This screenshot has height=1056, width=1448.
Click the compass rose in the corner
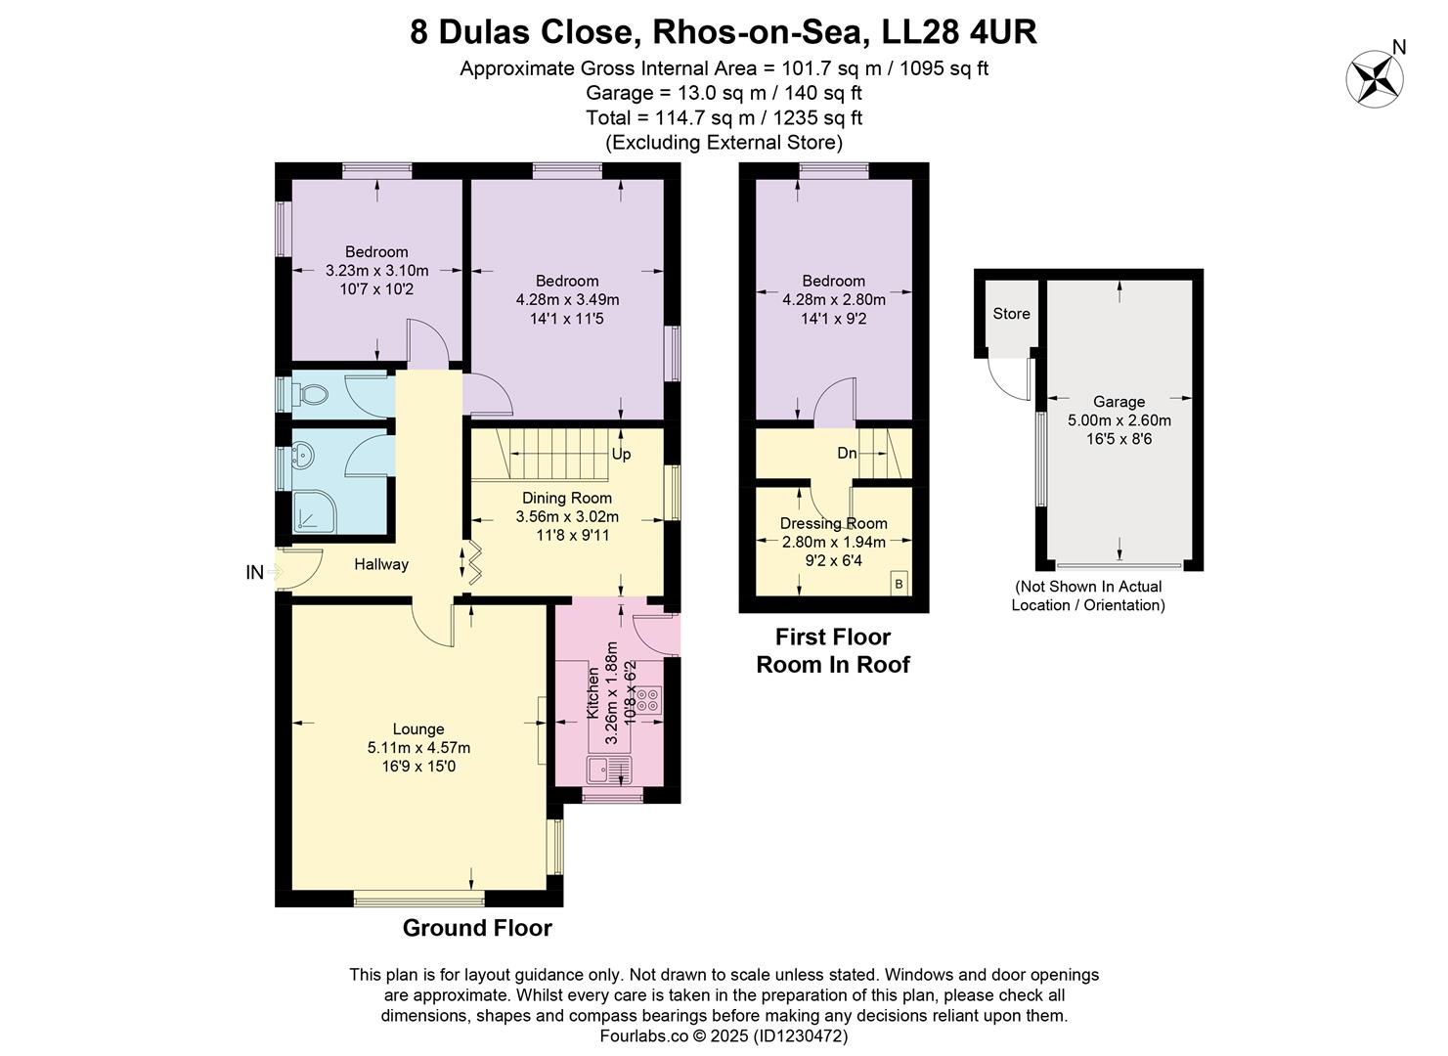click(x=1375, y=78)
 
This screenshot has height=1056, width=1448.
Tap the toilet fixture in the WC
click(x=312, y=395)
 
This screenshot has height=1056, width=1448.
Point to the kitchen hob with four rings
click(x=648, y=699)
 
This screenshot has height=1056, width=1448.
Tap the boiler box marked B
click(x=899, y=584)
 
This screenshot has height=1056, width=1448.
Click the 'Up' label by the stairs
click(x=621, y=454)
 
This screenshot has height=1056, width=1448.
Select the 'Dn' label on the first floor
click(x=847, y=454)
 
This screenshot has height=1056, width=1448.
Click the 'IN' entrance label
click(x=254, y=573)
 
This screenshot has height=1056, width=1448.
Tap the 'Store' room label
click(x=1011, y=314)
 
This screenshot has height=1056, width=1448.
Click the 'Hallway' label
click(x=381, y=564)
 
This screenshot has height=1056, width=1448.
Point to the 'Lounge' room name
click(x=418, y=729)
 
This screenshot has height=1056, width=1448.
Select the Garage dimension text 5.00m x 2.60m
click(x=1119, y=420)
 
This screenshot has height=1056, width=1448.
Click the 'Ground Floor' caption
click(x=477, y=928)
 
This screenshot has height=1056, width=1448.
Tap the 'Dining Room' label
click(x=567, y=498)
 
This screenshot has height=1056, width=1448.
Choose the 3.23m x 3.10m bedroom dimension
click(x=376, y=271)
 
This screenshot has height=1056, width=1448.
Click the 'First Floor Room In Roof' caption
click(x=833, y=651)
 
